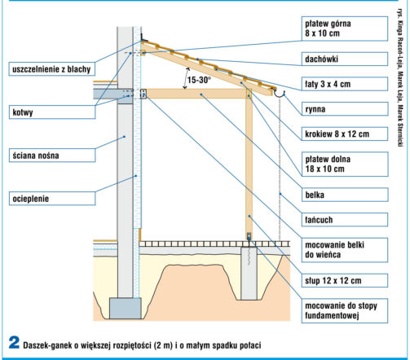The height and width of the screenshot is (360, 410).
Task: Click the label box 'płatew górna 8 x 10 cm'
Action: point(345,29)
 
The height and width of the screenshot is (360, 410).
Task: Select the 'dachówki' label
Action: point(345,59)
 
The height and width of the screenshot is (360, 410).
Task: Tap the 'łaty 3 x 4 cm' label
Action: point(345,84)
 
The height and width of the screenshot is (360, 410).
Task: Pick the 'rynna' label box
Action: point(345,109)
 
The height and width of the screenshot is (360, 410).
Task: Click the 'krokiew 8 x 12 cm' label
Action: point(345,134)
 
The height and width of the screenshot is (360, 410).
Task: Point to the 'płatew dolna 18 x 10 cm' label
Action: point(345,164)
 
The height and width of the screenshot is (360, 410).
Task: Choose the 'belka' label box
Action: point(345,195)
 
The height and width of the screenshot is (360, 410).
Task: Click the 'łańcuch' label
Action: point(345,220)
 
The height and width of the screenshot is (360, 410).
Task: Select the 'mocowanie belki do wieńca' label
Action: point(345,250)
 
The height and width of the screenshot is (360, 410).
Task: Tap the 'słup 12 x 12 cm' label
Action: point(345,280)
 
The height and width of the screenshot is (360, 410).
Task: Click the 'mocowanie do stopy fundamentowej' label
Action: point(345,311)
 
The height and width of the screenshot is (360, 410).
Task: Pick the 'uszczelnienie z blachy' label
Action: point(52,69)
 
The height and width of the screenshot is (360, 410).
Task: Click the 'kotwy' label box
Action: point(52,112)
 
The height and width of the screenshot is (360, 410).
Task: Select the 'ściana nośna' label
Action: point(52,156)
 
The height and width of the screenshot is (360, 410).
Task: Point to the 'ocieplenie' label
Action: point(52,199)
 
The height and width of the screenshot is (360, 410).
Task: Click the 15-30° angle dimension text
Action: point(199,80)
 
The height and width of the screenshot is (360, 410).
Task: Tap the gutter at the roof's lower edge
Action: point(280,94)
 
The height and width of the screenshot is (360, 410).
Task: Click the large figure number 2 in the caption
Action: point(14,343)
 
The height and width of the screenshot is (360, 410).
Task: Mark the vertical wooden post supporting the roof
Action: point(249,163)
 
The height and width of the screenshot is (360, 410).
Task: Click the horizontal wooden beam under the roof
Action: point(196,94)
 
